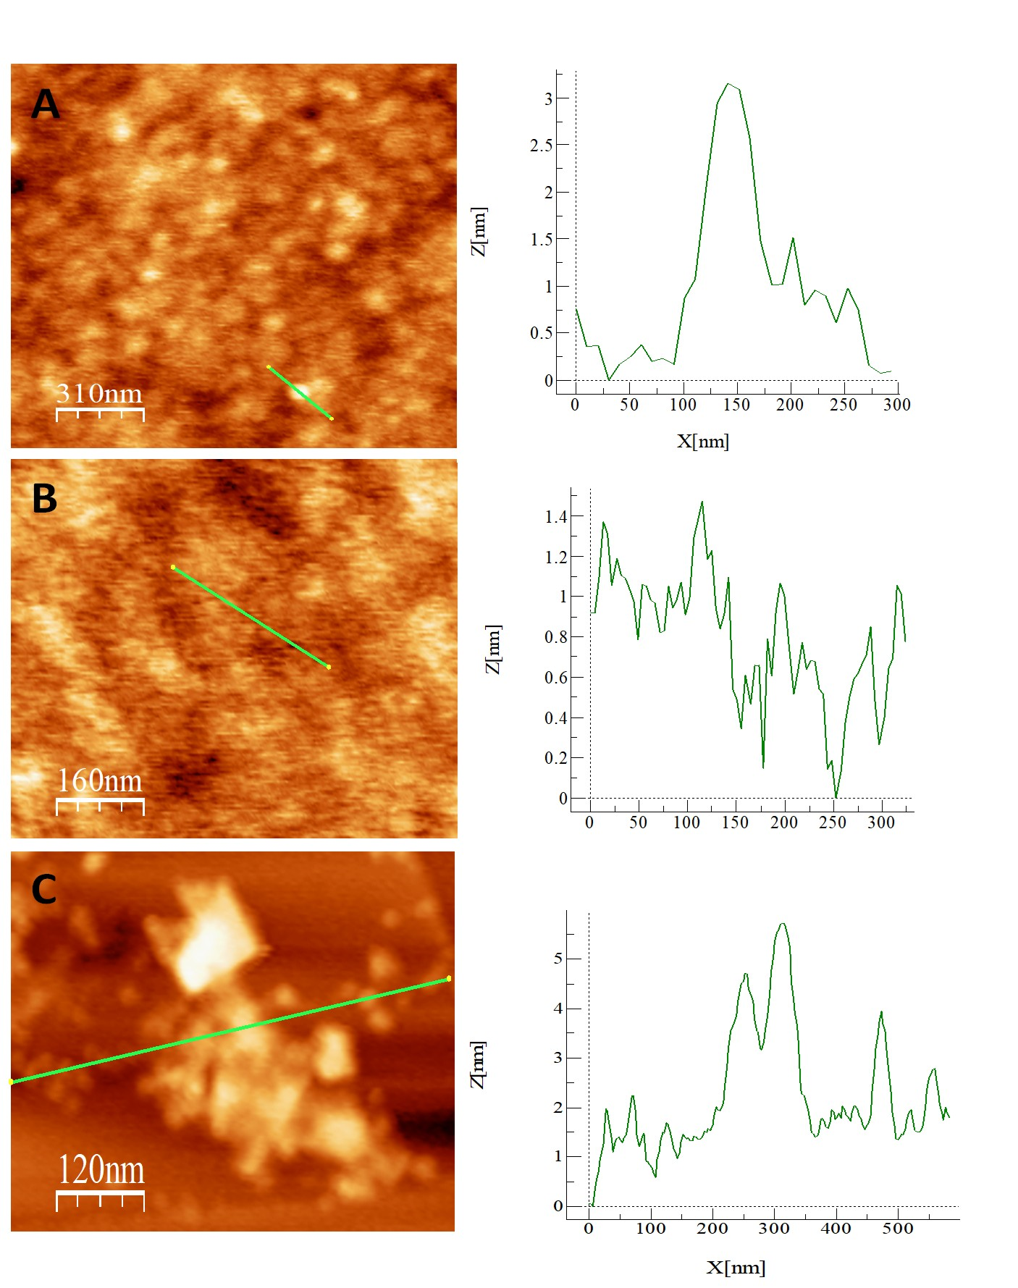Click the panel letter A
45,104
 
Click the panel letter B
44,498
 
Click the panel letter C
44,889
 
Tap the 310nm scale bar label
99,393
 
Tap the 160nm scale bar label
100,780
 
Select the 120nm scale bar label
101,1170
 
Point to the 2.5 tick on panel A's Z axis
541,146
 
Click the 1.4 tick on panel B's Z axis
555,517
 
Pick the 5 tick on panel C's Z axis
558,959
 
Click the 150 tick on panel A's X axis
736,405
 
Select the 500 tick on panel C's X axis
898,1229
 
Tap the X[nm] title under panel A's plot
702,441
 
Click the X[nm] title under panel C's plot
736,1267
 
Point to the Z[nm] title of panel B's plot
493,649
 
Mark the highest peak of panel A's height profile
729,84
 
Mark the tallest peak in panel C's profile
782,924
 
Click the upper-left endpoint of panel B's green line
173,567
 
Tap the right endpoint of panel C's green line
449,979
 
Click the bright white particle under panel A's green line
300,392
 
